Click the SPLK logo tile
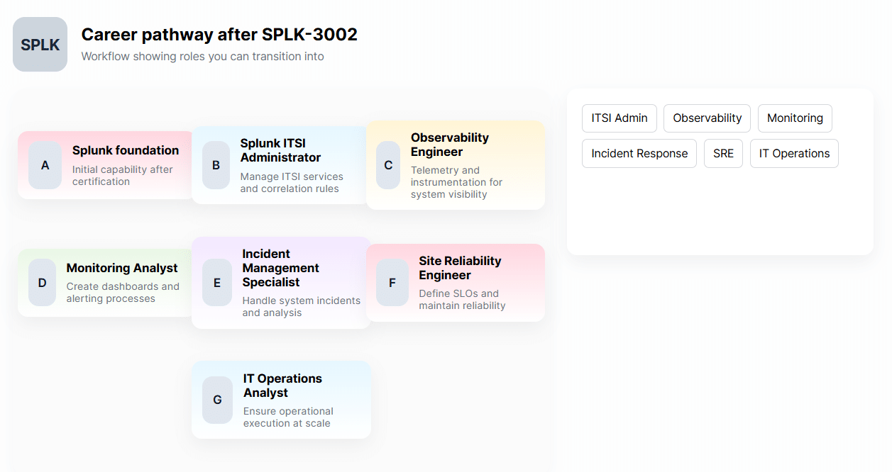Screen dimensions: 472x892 coord(40,45)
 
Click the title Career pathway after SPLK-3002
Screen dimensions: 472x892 coord(219,34)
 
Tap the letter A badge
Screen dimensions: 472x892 coord(45,165)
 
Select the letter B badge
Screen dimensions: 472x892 coord(216,165)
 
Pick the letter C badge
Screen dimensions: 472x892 coord(388,165)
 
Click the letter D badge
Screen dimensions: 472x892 coord(42,283)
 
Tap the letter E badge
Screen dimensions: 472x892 coord(217,283)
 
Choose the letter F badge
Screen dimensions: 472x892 coord(392,283)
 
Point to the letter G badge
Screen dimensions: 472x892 coord(217,400)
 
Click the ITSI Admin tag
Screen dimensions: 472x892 coord(620,118)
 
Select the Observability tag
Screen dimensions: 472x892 coord(707,118)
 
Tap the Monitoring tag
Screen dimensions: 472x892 coord(795,118)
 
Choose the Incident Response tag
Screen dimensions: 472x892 coord(639,154)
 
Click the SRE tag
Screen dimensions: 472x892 coord(723,154)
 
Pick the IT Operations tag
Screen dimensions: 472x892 coord(794,154)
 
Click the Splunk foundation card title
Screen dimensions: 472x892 coord(126,150)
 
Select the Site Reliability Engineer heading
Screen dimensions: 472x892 coord(460,268)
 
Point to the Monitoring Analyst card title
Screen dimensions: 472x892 coord(122,268)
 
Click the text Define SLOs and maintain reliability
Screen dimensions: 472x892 coord(462,300)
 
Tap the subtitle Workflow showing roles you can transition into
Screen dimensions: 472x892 coord(202,57)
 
